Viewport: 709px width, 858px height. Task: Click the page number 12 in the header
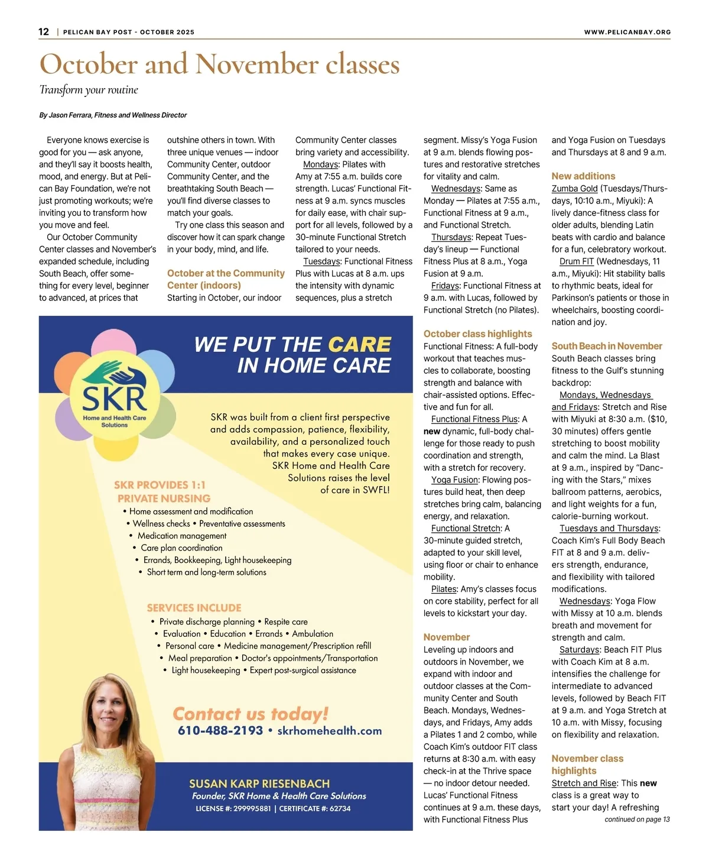pos(44,32)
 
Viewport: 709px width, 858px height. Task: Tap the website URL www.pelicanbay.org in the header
pos(627,33)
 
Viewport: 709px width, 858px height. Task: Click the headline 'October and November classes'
pos(219,64)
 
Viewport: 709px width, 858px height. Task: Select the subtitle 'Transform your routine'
pos(89,90)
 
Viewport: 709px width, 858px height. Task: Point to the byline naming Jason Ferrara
pos(113,115)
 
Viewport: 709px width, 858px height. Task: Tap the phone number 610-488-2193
pos(220,731)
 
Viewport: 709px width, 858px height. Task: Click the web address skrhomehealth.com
pos(329,731)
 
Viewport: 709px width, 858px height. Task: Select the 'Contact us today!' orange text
pos(250,714)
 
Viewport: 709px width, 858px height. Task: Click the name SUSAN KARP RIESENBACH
pos(259,783)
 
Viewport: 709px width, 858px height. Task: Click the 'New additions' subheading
pos(583,176)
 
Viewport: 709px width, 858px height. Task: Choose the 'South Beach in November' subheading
pos(607,346)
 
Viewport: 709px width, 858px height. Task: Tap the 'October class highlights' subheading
pos(477,334)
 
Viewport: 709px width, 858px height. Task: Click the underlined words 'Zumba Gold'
pos(574,189)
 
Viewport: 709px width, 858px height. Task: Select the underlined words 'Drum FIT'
pos(577,261)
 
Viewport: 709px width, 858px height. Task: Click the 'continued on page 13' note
pos(637,820)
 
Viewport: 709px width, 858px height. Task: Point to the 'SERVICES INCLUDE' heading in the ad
pos(194,608)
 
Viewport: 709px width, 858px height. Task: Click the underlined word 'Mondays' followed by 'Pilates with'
pos(320,164)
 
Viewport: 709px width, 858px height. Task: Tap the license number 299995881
pos(252,808)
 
